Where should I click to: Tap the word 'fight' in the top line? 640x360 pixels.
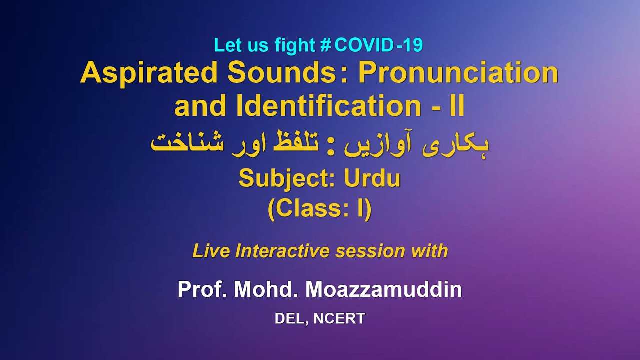292,45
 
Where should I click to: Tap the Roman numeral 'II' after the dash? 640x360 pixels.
456,106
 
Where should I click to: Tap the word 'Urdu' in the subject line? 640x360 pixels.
372,179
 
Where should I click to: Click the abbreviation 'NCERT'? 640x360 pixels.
339,319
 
